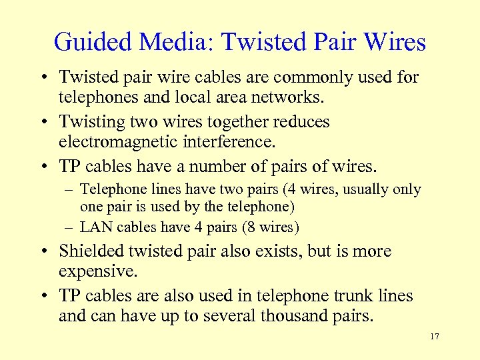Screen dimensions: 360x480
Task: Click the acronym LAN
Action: click(97, 227)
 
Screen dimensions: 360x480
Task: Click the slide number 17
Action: click(435, 337)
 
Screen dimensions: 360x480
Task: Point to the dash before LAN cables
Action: click(71, 227)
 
